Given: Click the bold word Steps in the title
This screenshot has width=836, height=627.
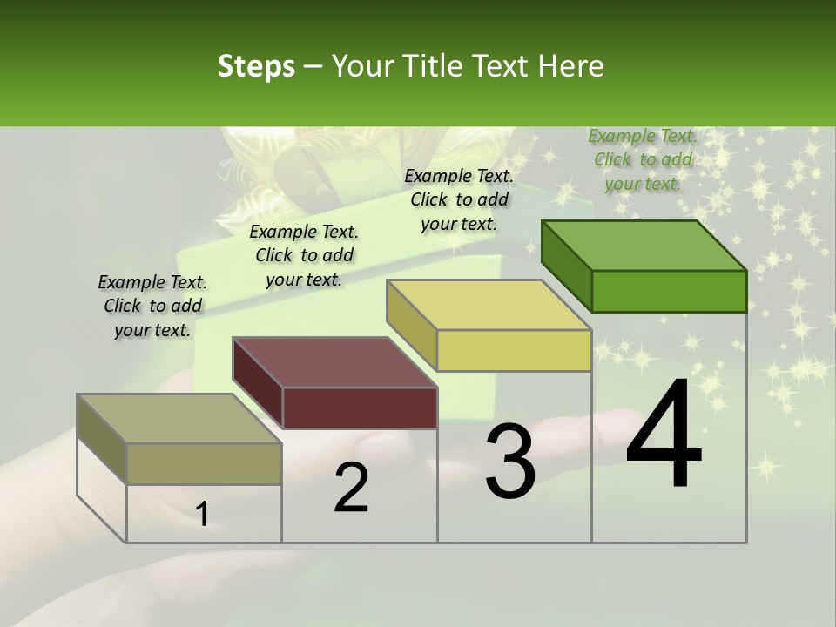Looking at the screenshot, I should [x=256, y=66].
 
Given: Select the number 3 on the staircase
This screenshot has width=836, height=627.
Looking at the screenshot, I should [x=510, y=462].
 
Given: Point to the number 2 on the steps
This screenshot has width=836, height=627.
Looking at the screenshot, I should [x=351, y=488].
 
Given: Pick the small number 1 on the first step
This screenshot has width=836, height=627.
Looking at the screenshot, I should [x=202, y=515].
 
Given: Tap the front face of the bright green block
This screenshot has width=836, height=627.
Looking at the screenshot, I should [x=669, y=291].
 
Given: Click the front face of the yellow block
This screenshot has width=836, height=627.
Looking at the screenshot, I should [x=514, y=350].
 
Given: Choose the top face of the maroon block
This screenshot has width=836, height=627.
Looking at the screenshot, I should [x=334, y=362].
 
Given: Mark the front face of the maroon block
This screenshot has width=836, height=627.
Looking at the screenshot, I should [x=359, y=408].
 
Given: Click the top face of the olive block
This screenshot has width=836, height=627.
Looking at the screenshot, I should [x=179, y=419].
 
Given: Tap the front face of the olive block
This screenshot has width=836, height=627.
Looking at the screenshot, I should [x=204, y=463].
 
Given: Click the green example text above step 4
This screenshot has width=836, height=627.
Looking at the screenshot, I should [x=643, y=159].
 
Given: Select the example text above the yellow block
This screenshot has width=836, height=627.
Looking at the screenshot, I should [x=459, y=199].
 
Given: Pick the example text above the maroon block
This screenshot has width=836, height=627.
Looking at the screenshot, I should [x=304, y=255].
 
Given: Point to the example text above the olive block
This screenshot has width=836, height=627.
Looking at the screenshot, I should [x=152, y=306].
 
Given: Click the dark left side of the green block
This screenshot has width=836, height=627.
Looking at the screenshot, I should [x=566, y=265].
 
